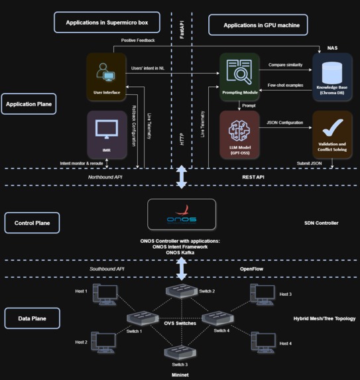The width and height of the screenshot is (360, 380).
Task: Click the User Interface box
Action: [106, 76]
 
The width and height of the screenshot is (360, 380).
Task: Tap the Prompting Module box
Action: [239, 76]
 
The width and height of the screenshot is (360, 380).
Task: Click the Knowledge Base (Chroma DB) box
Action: [332, 76]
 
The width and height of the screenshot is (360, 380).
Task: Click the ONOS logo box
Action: [181, 215]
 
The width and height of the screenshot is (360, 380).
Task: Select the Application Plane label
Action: [29, 103]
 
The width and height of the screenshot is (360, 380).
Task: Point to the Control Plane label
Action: [32, 223]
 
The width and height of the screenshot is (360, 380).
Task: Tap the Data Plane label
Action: [32, 318]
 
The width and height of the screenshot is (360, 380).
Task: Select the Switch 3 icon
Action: [180, 352]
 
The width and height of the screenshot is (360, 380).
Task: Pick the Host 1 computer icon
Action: [104, 292]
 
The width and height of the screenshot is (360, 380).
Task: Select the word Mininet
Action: [181, 373]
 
